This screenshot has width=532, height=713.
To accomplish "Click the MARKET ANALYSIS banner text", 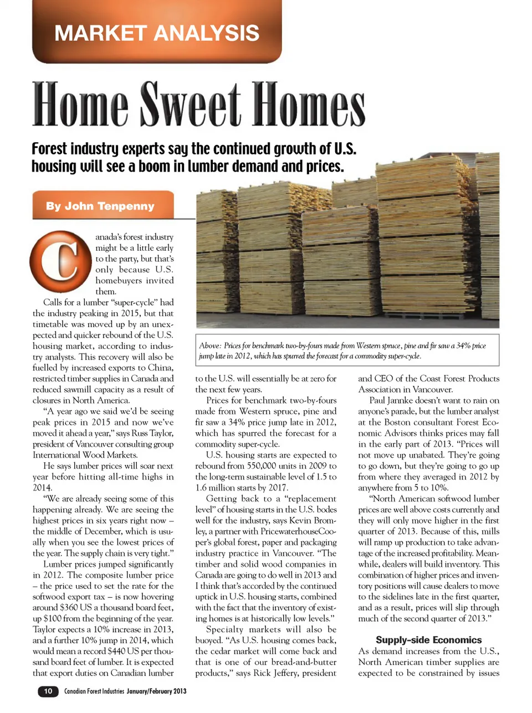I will (x=157, y=33).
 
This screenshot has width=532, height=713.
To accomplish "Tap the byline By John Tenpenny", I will (x=100, y=206).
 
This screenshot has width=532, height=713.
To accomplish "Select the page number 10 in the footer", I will (x=48, y=691).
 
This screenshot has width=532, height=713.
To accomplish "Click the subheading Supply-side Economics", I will (x=428, y=639).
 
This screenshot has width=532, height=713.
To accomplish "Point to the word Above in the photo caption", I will (x=210, y=345).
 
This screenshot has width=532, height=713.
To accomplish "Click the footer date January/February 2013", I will (x=156, y=691).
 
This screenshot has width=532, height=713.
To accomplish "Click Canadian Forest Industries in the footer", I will (x=94, y=691).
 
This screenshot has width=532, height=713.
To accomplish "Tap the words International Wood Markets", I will (x=85, y=455).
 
